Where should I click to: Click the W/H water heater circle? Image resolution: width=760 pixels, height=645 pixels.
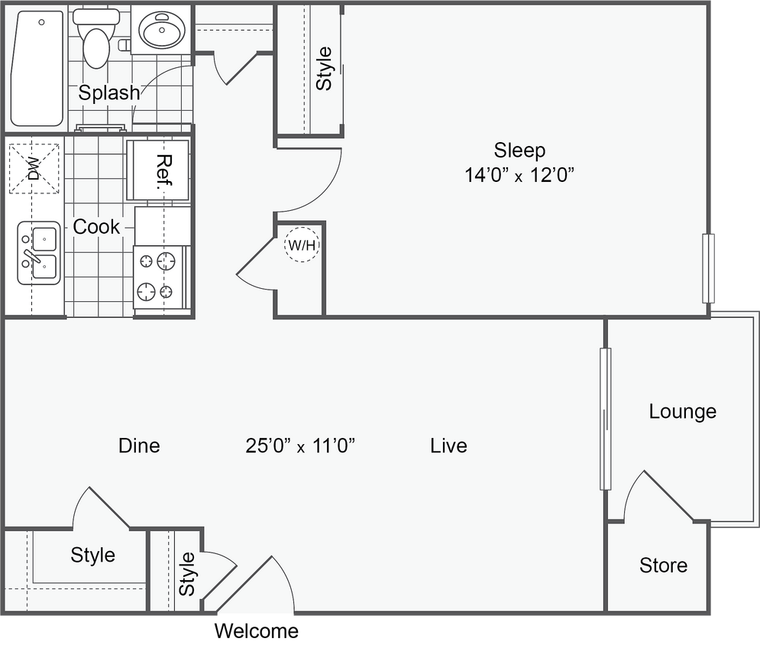point(302,245)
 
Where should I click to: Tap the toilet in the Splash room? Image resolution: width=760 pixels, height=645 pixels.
point(96,38)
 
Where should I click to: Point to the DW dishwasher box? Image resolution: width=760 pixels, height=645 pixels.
point(34,168)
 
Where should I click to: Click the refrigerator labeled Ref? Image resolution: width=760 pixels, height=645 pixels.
point(159,169)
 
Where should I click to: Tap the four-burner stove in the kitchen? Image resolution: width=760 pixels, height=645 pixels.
point(159,277)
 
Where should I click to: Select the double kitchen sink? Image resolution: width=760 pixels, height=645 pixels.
point(39,253)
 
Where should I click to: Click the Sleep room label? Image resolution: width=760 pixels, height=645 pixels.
point(519,150)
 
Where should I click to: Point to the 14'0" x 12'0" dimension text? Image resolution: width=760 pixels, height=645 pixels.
point(519,175)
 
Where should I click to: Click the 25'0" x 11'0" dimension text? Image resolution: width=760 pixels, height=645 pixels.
point(301,446)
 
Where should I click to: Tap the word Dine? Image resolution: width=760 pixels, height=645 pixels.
point(139,446)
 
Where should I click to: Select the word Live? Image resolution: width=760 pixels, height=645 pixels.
point(448,446)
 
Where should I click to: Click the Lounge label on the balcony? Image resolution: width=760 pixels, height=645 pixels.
point(682,412)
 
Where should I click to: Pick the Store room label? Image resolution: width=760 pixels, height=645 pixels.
point(663,566)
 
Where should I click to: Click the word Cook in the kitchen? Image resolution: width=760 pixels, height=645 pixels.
point(96,227)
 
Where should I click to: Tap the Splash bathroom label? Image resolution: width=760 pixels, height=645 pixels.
point(110,93)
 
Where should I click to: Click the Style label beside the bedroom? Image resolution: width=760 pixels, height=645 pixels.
point(325,69)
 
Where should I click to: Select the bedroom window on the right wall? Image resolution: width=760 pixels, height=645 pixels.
point(710,268)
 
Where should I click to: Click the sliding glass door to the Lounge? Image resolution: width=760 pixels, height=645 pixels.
point(605,419)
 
